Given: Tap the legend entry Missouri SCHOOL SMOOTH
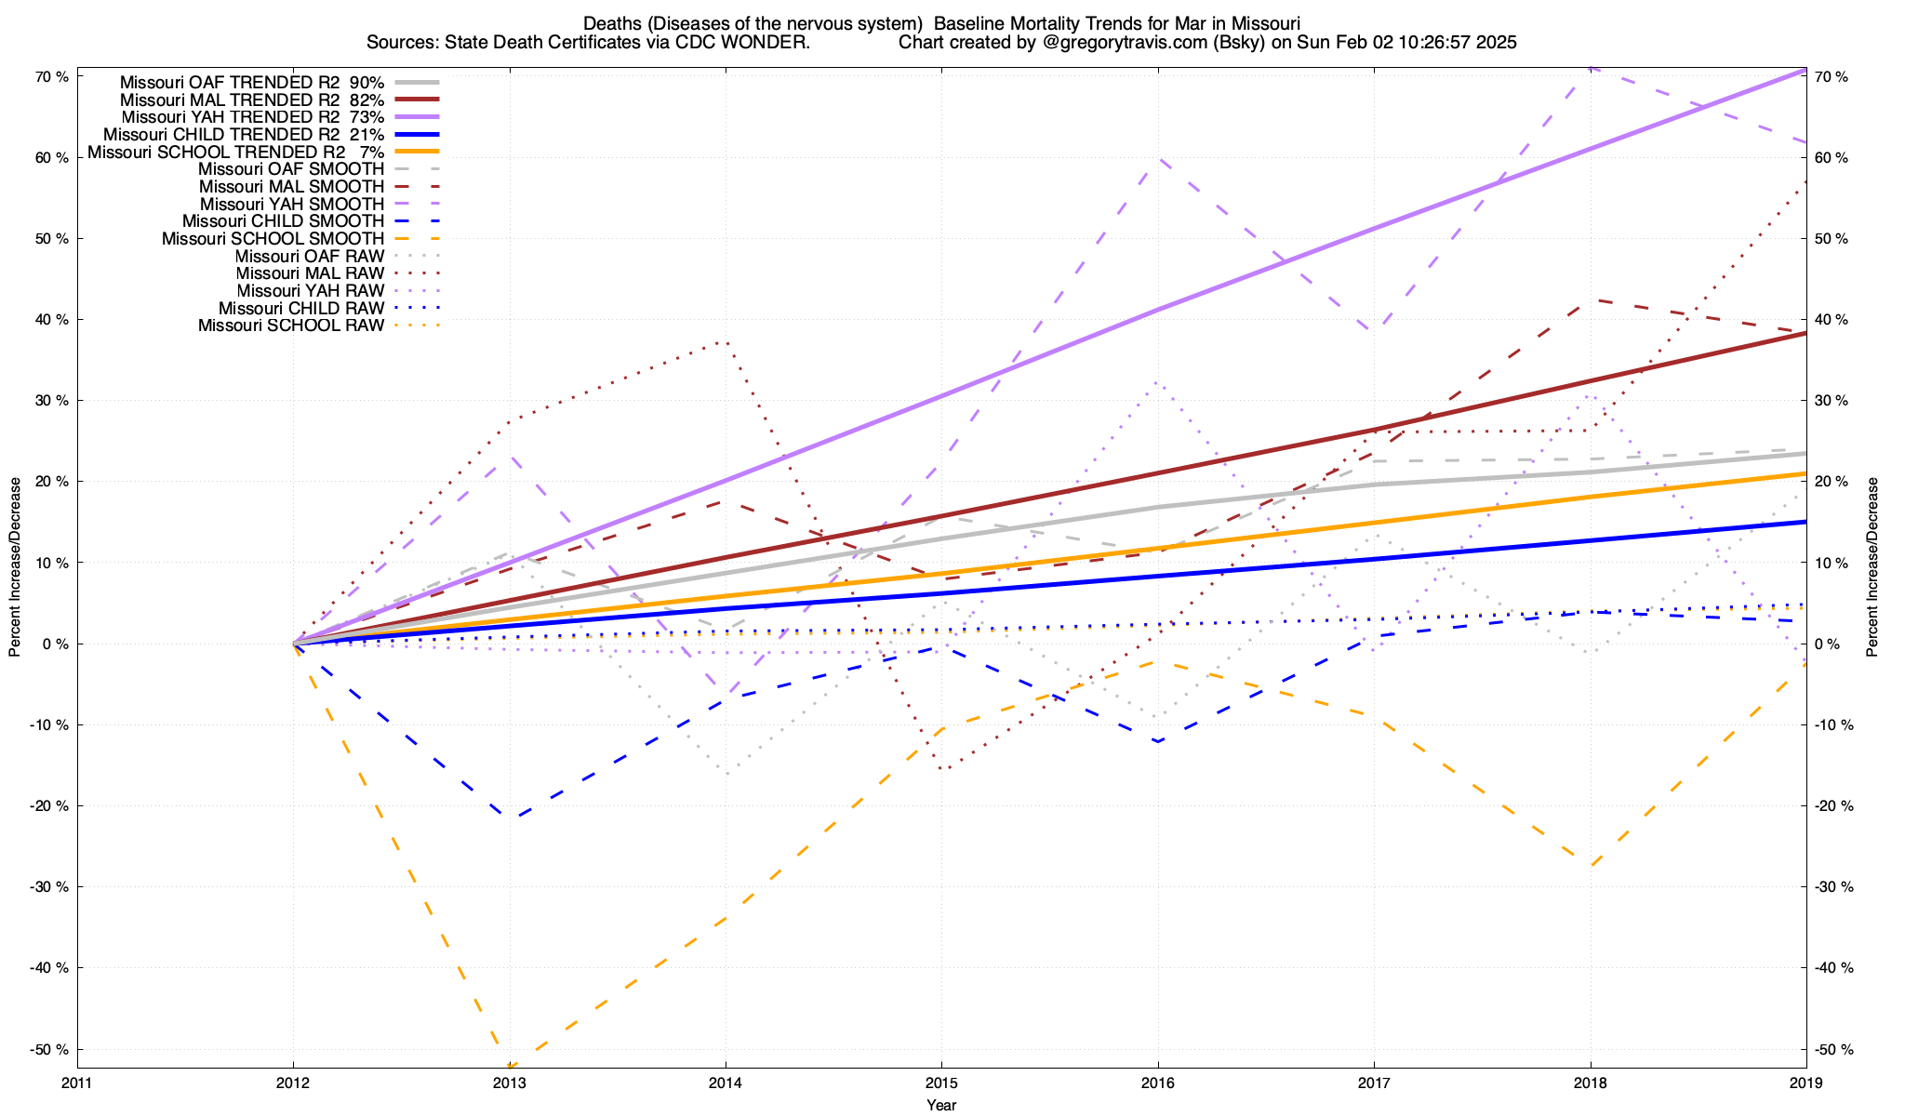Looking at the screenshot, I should click(x=273, y=239).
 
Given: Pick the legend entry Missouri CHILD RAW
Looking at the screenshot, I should click(x=301, y=309).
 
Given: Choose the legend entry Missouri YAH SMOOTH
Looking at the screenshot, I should click(x=292, y=204).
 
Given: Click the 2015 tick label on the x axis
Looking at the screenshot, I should click(x=941, y=1083).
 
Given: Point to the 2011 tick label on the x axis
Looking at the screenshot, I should click(x=77, y=1083).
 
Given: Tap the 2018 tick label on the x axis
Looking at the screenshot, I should click(x=1590, y=1083).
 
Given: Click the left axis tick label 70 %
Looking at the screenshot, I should click(x=51, y=77).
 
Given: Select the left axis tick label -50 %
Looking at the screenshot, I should click(x=49, y=1050).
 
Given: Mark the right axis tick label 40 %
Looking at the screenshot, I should click(x=1832, y=320).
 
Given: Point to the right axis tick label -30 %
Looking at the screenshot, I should click(x=1834, y=887).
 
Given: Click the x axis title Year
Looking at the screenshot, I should click(x=941, y=1105).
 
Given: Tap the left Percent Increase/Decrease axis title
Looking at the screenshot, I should click(x=15, y=567).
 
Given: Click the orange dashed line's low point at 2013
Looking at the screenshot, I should click(x=510, y=1066).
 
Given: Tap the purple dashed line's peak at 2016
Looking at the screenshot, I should click(x=1157, y=159).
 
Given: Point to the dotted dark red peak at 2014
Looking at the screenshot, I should click(x=724, y=342).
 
